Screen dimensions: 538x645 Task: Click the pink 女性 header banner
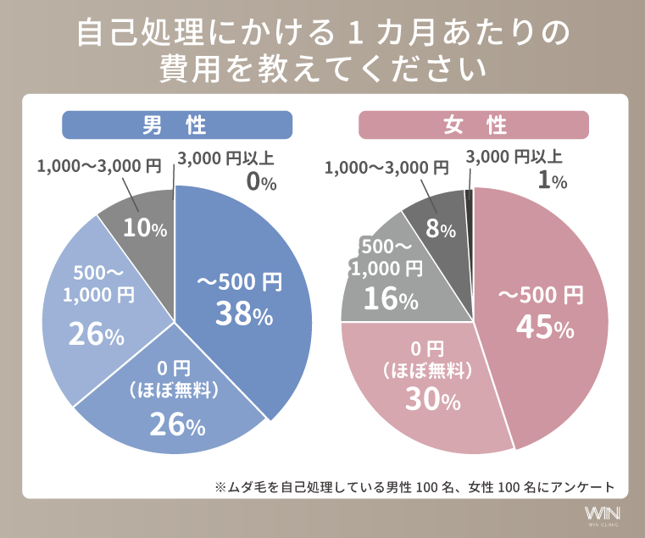coord(473,125)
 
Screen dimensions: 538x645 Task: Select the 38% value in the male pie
coord(243,314)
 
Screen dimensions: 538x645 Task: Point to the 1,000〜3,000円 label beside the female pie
coord(386,167)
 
